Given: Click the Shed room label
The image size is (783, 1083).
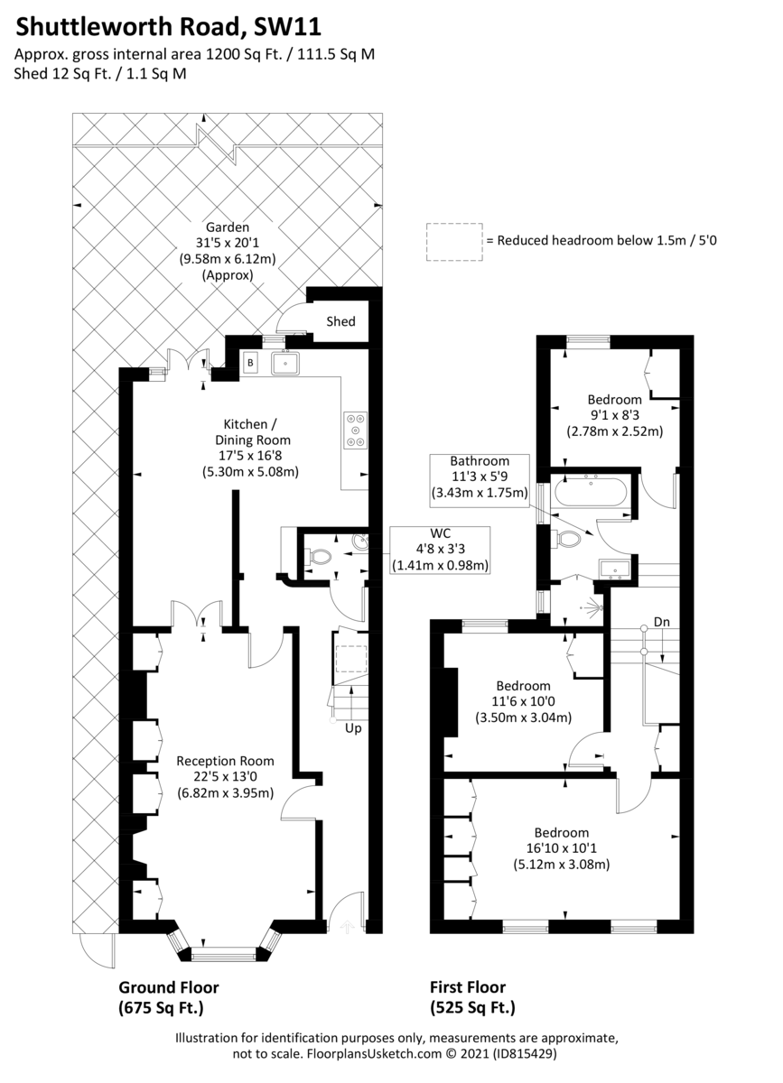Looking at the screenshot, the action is (340, 321).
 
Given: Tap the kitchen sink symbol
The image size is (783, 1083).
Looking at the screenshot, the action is (285, 363).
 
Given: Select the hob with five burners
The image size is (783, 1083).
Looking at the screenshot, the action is (356, 430).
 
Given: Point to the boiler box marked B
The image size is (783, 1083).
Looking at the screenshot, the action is (250, 363).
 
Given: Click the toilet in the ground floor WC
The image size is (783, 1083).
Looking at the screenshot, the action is (318, 557).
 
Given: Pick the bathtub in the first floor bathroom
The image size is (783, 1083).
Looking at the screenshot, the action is (591, 492).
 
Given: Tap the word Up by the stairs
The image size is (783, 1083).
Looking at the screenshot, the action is (353, 728).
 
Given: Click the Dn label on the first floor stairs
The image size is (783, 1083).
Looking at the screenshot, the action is (662, 622).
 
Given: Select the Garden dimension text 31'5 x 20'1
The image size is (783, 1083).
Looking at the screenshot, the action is (228, 243).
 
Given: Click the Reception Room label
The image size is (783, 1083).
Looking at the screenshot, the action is (225, 761).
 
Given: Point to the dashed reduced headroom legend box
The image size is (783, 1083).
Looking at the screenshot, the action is (454, 242).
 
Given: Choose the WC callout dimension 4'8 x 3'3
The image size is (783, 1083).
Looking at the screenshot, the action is (441, 549).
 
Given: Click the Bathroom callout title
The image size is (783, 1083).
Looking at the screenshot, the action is (480, 461).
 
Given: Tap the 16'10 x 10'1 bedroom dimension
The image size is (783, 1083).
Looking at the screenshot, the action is (562, 848).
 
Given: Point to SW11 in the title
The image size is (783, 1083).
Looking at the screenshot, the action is (287, 27).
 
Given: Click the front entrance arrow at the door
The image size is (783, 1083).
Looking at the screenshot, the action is (348, 927).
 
